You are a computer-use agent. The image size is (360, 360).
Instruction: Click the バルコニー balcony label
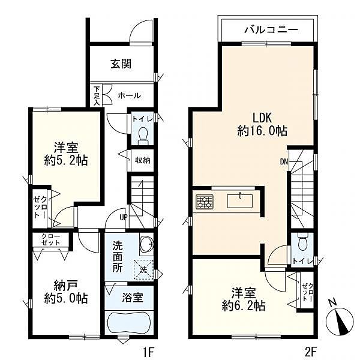tap(268, 28)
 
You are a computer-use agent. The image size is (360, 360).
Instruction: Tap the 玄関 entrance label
tap(121, 65)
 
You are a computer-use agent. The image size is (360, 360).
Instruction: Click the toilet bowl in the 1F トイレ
tap(143, 136)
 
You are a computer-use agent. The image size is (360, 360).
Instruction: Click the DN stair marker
tap(284, 161)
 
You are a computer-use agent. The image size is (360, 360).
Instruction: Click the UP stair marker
tap(123, 217)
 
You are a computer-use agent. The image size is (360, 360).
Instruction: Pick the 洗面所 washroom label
tap(118, 256)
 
